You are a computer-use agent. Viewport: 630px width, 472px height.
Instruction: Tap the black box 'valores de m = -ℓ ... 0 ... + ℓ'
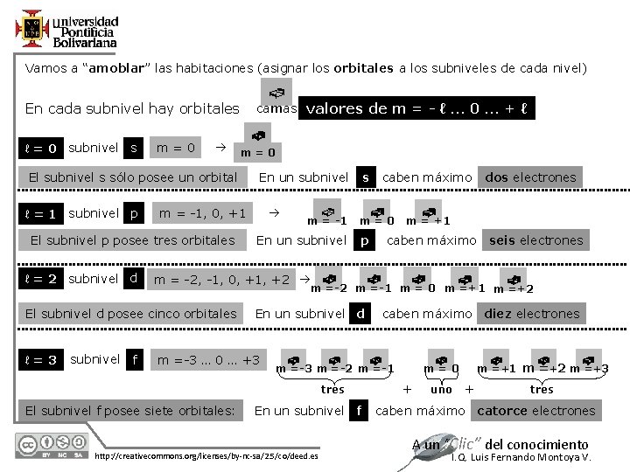tap(416, 108)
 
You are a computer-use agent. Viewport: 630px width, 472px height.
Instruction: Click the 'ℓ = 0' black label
tap(41, 149)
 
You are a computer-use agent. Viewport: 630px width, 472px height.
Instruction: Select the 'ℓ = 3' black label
tap(41, 359)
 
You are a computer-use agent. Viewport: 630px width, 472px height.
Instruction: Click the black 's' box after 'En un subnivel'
tap(366, 177)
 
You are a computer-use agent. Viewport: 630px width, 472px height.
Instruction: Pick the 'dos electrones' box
tap(531, 177)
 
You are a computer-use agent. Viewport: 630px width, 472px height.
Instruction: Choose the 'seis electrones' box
tap(535, 239)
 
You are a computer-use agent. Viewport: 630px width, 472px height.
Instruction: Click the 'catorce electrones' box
tap(535, 410)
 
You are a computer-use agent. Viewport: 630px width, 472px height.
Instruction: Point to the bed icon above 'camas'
tap(275, 92)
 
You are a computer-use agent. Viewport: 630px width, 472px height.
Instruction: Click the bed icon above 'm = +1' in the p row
tap(428, 211)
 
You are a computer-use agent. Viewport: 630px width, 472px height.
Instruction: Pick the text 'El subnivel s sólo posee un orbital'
tap(133, 177)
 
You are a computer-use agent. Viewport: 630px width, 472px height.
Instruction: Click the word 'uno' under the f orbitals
tap(441, 389)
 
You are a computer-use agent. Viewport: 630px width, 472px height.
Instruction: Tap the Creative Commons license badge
tap(50, 446)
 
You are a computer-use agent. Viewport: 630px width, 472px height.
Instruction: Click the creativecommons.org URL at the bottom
tap(206, 456)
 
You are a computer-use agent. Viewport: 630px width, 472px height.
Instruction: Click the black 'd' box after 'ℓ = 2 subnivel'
tap(133, 279)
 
